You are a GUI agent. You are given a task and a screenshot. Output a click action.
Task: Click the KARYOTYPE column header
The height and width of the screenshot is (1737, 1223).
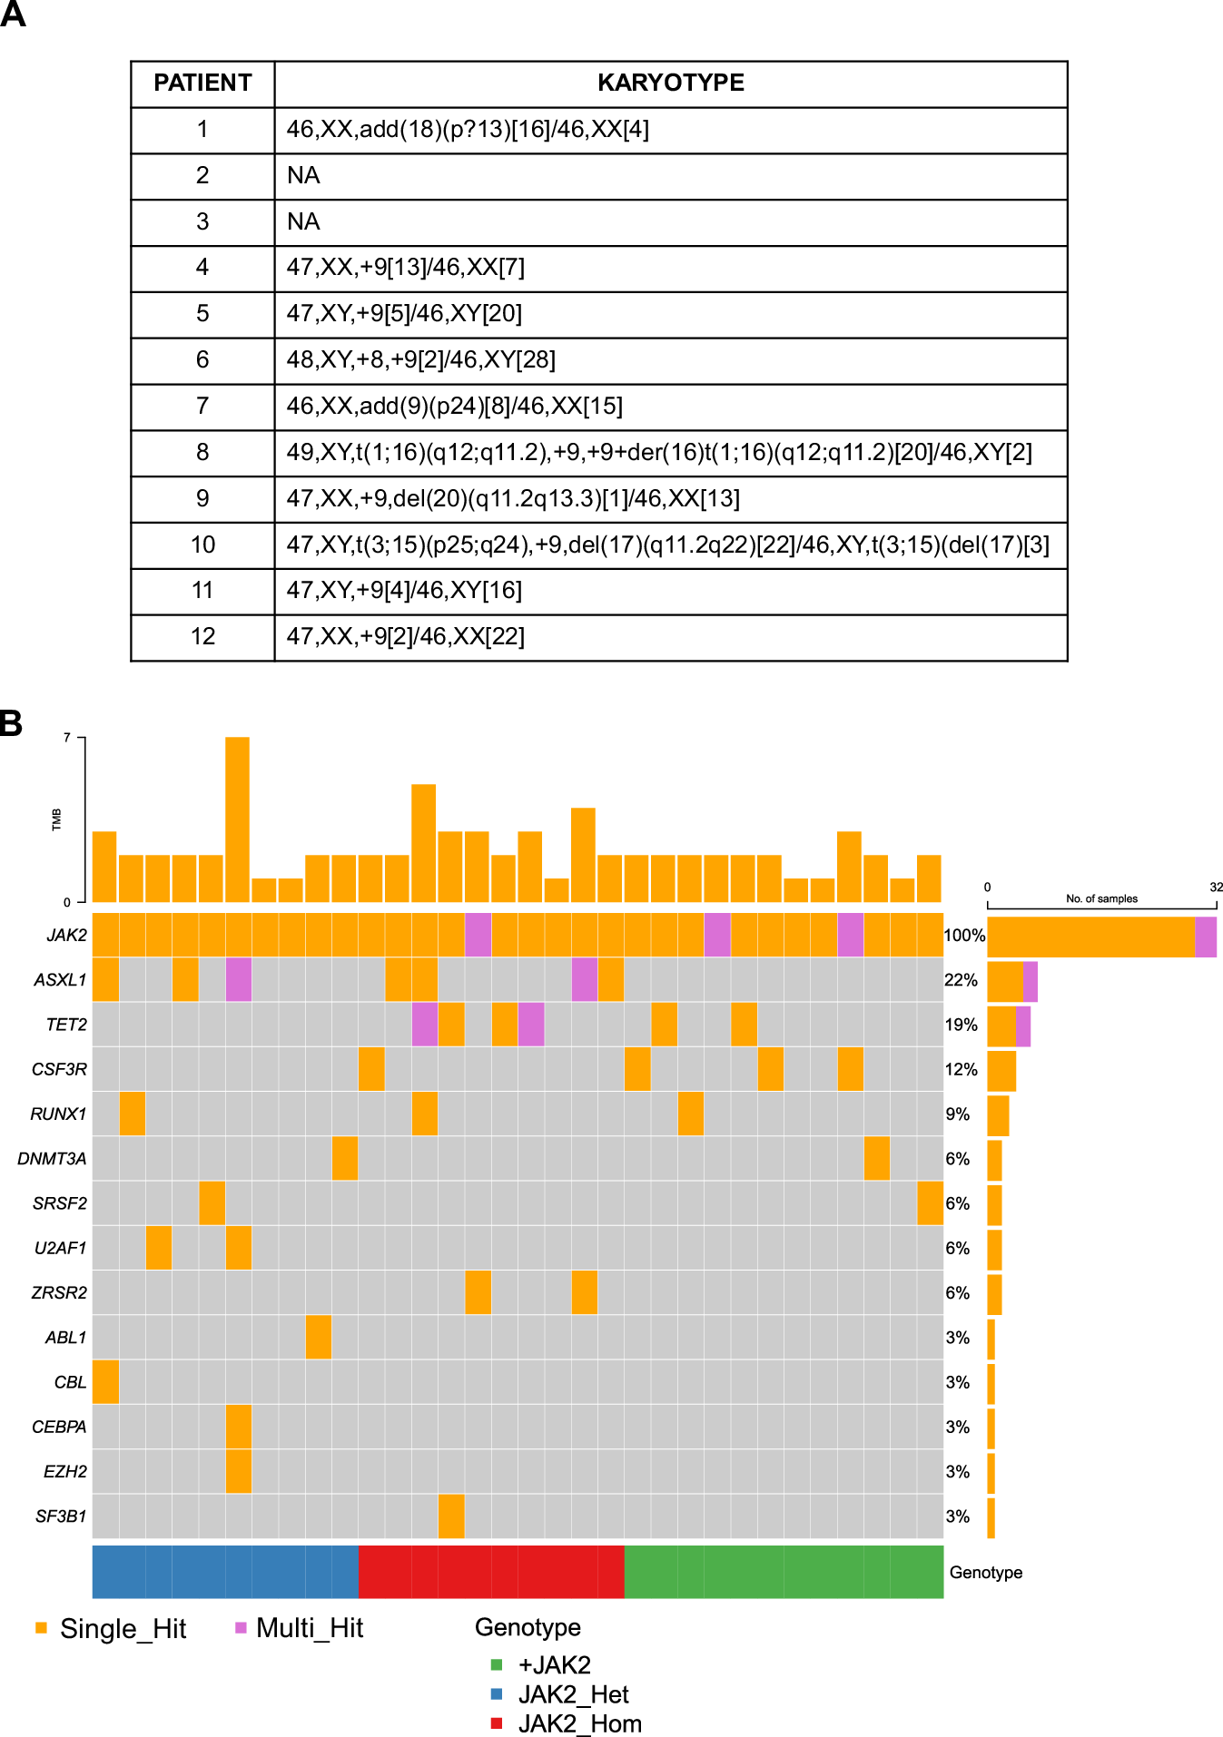click(x=670, y=83)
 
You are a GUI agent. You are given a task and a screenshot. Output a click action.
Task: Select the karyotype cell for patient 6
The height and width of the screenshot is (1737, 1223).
click(x=670, y=360)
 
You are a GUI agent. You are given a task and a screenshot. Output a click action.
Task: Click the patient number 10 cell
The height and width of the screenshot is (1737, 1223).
click(x=202, y=545)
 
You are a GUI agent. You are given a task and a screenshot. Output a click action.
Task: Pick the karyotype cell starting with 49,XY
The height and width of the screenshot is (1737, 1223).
click(x=670, y=452)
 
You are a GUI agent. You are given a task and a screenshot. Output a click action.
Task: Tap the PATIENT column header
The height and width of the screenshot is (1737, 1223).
click(x=202, y=83)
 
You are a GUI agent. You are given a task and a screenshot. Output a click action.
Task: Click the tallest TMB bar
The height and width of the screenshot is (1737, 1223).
click(x=238, y=817)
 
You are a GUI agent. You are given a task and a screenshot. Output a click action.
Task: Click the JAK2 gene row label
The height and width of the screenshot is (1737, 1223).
click(x=67, y=935)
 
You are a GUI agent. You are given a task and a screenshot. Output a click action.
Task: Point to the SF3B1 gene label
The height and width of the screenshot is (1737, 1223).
click(x=61, y=1516)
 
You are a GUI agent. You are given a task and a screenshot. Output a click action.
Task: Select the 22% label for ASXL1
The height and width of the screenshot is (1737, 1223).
click(x=961, y=980)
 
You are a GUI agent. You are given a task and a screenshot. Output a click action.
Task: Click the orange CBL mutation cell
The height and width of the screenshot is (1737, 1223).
click(x=105, y=1381)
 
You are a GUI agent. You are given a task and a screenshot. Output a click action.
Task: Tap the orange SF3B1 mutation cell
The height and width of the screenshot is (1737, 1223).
click(x=451, y=1516)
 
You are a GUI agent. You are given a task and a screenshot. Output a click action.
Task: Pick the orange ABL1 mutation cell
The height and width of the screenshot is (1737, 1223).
click(x=319, y=1337)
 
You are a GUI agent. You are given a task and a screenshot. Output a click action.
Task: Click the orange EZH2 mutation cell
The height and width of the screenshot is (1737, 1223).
click(x=239, y=1471)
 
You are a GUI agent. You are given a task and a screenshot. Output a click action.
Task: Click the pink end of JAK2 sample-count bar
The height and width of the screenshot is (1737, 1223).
click(x=1206, y=937)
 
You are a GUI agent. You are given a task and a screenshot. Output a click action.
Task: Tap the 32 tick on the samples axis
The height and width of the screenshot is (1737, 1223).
click(x=1216, y=887)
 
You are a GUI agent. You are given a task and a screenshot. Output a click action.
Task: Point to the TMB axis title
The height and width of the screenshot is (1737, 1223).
click(x=56, y=819)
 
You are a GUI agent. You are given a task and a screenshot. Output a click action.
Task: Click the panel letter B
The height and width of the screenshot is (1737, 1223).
click(x=11, y=723)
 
